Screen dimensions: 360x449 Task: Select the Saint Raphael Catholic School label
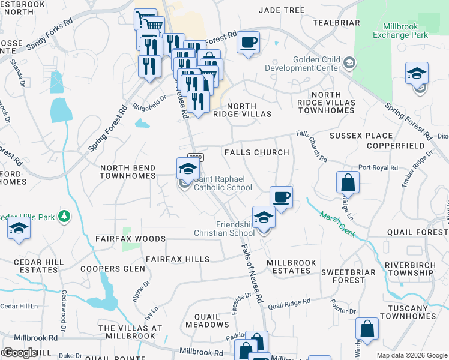[x=222, y=183]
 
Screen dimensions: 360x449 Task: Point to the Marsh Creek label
[x=337, y=224]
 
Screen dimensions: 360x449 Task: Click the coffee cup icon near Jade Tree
[x=248, y=43]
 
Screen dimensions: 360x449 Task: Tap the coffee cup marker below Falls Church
[x=280, y=197]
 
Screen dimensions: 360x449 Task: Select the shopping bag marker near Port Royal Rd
[x=348, y=182]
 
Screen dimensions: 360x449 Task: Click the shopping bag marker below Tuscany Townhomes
[x=367, y=329]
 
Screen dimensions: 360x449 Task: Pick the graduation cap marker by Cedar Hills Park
[x=19, y=229]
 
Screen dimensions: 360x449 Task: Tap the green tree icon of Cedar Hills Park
[x=65, y=215]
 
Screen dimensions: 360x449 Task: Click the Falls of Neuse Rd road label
[x=252, y=273]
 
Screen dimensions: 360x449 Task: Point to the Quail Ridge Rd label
[x=289, y=304]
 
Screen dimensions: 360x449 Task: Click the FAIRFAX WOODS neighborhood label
[x=130, y=239]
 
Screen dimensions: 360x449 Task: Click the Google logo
[x=20, y=353]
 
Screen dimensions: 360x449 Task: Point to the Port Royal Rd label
[x=376, y=167]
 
